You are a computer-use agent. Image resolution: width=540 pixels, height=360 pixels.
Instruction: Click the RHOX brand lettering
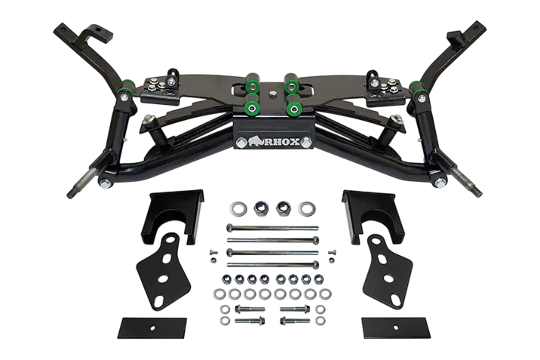tap(282, 142)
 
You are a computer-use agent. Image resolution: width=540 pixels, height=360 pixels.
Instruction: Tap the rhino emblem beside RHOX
tap(255, 140)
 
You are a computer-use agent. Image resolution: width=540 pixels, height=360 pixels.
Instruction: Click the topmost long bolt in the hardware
tap(272, 228)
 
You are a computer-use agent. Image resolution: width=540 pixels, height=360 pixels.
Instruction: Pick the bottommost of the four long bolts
tap(273, 265)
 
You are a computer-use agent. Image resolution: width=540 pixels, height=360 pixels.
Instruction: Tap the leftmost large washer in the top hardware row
tap(237, 208)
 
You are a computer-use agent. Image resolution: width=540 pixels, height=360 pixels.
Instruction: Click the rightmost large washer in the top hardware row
tap(305, 208)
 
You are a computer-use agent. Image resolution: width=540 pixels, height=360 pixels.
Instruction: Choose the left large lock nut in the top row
tap(260, 208)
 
